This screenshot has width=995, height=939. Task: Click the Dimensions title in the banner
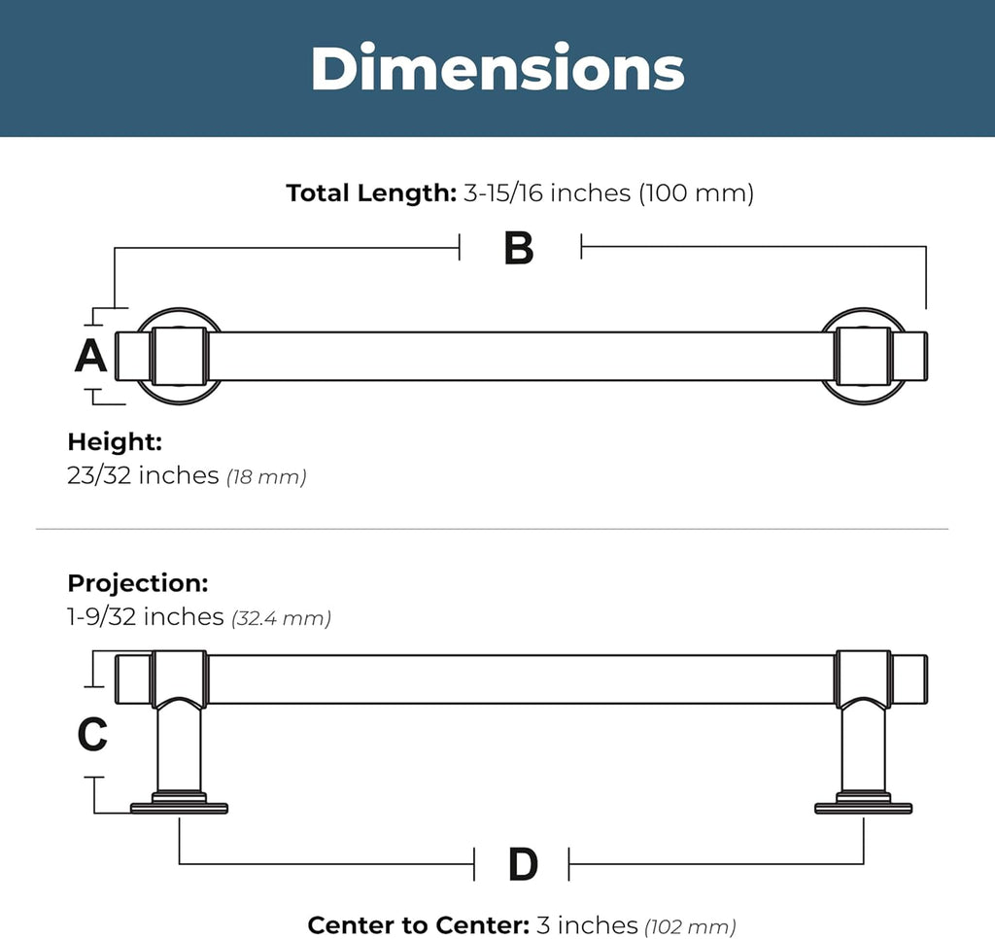[x=497, y=68]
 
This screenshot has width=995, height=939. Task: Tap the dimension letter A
[x=90, y=356]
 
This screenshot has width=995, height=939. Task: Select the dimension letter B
[x=519, y=248]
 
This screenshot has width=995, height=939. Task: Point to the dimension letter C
[x=92, y=734]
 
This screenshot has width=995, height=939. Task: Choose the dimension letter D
[x=523, y=864]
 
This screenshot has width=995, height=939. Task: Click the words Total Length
[x=371, y=193]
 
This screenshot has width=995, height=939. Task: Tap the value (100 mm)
[x=696, y=193]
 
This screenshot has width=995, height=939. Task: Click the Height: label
[x=115, y=442]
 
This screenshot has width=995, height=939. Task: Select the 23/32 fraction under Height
[x=99, y=475]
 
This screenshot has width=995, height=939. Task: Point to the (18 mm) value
[x=266, y=477]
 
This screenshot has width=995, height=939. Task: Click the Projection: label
[x=138, y=583]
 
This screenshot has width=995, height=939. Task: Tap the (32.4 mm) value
[x=281, y=618]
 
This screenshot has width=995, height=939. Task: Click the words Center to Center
[x=418, y=925]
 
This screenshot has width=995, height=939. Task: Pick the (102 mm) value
[x=691, y=927]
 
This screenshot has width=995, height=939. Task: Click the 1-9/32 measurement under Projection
[x=101, y=617]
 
